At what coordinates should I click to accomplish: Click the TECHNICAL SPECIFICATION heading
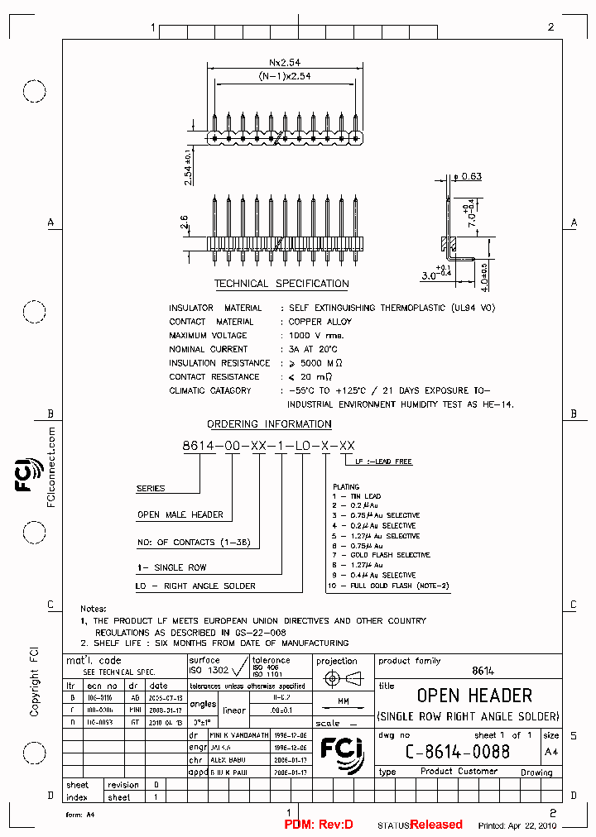click(x=281, y=284)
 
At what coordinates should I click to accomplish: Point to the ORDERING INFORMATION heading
click(x=269, y=424)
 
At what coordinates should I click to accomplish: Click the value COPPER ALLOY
click(x=320, y=322)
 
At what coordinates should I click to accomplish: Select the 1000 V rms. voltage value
click(x=315, y=336)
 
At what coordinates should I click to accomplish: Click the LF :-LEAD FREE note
click(x=383, y=462)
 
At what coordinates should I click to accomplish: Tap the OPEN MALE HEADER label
click(x=180, y=514)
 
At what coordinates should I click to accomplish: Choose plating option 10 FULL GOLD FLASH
click(x=387, y=586)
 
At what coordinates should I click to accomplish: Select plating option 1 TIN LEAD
click(x=357, y=496)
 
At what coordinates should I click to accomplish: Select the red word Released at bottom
click(x=436, y=825)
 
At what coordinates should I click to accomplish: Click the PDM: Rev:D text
click(x=319, y=825)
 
